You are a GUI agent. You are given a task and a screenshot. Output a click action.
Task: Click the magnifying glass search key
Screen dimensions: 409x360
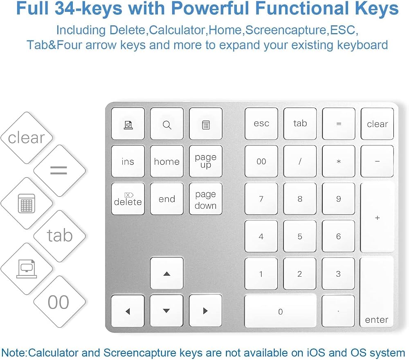(x=167, y=124)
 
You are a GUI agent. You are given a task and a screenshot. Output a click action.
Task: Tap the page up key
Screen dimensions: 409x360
(x=206, y=161)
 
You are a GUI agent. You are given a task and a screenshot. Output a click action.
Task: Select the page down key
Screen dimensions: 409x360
(x=206, y=199)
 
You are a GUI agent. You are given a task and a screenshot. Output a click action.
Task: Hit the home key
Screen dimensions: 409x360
(x=167, y=161)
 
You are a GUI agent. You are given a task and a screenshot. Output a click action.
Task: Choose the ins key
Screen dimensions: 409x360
(x=128, y=161)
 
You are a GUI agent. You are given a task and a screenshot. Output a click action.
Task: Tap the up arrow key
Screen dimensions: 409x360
(x=167, y=273)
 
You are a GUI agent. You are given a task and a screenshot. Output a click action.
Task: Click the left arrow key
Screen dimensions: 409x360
(x=128, y=311)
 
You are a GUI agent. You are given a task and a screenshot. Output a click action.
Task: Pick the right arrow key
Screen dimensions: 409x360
(x=206, y=311)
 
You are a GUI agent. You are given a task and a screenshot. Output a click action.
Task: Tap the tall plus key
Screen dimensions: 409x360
(x=377, y=217)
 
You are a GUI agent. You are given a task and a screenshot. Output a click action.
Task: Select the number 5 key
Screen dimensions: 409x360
(x=300, y=236)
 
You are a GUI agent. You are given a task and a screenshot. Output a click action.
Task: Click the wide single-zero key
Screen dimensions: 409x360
(x=281, y=311)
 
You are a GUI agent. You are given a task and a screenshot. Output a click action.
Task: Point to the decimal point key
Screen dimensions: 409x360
(x=338, y=311)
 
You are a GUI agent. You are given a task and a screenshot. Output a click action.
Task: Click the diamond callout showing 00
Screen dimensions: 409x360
(x=59, y=302)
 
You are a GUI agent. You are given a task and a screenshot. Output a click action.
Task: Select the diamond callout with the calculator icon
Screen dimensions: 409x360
(x=27, y=203)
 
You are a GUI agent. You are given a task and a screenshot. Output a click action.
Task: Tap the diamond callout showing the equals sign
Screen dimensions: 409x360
(x=59, y=171)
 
